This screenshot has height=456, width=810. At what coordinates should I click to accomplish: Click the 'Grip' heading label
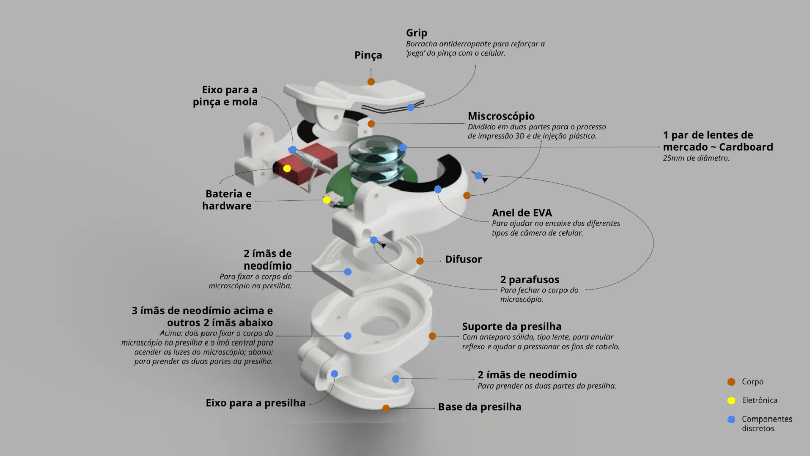(x=416, y=33)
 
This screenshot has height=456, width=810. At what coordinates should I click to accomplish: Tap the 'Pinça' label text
(x=368, y=55)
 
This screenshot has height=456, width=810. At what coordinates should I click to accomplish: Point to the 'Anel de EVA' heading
(x=521, y=213)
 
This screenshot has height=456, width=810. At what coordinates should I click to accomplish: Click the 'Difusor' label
(x=463, y=259)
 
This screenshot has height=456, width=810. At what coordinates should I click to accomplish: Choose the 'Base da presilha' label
(x=479, y=407)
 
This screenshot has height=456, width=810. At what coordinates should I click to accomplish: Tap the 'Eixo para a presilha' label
(x=255, y=403)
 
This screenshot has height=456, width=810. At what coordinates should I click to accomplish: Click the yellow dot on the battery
(x=287, y=168)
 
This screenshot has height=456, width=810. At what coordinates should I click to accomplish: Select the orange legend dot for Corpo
(x=731, y=382)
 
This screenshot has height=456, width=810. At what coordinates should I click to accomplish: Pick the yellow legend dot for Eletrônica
(x=731, y=401)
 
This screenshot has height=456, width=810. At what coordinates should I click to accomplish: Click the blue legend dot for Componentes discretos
(x=731, y=420)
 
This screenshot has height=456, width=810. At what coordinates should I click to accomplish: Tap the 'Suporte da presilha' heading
(x=511, y=326)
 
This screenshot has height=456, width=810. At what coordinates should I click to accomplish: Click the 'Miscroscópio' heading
(x=501, y=116)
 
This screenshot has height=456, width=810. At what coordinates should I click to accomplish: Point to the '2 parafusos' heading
(x=530, y=280)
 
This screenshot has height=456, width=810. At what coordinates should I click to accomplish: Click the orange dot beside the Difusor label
(x=420, y=261)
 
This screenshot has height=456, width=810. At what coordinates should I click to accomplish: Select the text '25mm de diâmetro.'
(x=696, y=158)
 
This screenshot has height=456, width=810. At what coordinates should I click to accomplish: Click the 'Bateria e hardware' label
(x=227, y=200)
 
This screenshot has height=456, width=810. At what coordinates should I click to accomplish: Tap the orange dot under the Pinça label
(x=371, y=82)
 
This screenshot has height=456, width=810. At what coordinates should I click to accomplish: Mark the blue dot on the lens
(x=402, y=147)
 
